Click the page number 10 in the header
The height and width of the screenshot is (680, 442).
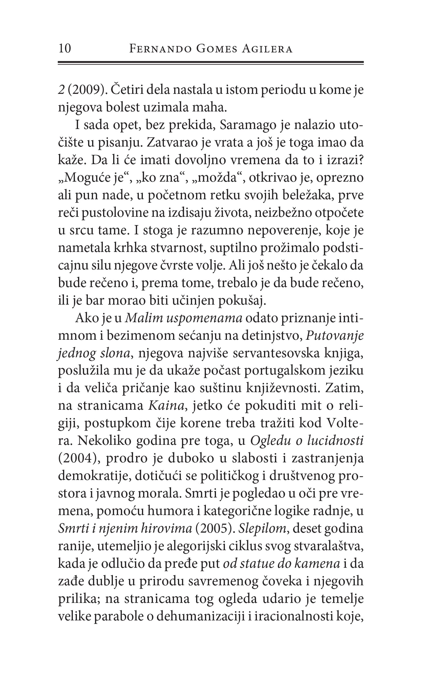(65, 49)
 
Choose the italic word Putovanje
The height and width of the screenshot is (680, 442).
(335, 336)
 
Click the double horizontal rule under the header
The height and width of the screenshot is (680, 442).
(211, 63)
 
